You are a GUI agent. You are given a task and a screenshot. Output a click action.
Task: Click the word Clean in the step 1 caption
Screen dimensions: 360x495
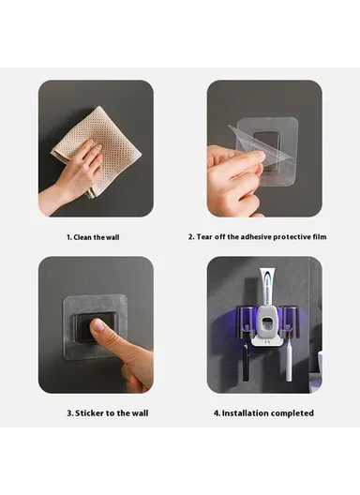[x=83, y=237]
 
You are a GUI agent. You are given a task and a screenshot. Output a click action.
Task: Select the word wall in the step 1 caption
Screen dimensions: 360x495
[x=112, y=237]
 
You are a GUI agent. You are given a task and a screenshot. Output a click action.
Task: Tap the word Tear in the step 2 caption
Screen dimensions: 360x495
[x=204, y=237]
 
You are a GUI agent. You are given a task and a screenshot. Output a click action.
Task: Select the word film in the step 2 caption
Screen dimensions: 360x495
[x=319, y=237]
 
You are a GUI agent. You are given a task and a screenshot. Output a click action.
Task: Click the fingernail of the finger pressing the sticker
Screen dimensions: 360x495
[x=97, y=324]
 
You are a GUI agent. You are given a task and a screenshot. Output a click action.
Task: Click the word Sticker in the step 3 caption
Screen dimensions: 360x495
[x=90, y=412]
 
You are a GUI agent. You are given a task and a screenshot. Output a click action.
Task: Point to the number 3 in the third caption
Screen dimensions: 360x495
[x=68, y=412]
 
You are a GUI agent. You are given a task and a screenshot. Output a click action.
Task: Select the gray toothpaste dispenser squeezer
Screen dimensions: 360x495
[x=266, y=325]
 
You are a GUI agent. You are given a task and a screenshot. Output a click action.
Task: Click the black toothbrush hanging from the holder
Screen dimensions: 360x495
[x=246, y=362]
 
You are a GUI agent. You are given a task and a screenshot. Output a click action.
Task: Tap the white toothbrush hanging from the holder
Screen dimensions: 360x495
[x=289, y=363]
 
